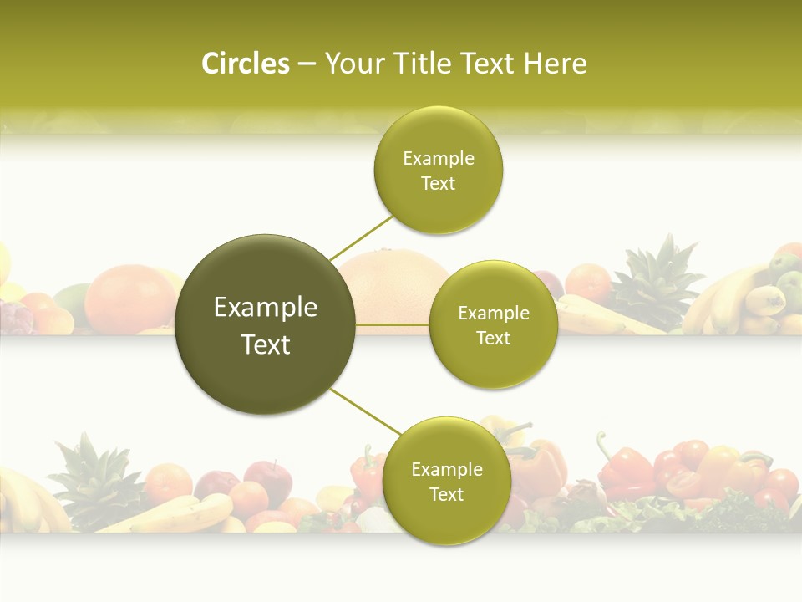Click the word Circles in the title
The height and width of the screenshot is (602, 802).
tap(245, 64)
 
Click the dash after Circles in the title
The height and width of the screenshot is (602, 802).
tap(306, 64)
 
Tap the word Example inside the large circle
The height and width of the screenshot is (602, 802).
tap(266, 308)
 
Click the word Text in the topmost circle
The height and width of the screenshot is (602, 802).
tap(438, 184)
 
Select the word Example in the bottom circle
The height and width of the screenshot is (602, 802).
tap(446, 470)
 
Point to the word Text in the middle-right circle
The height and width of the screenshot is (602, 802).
tap(493, 339)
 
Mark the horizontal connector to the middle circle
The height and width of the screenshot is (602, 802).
tap(392, 324)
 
